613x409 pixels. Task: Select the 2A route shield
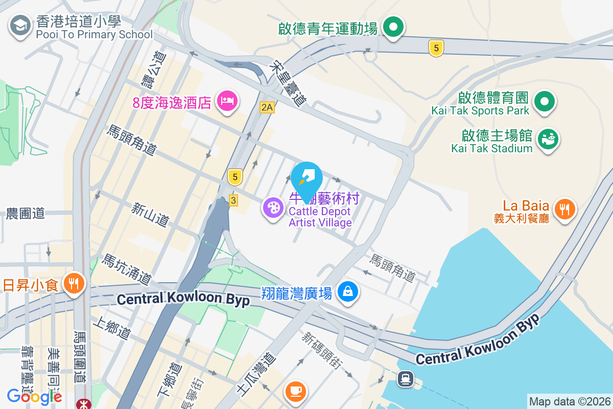click(267, 107)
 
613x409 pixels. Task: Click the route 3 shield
click(233, 200)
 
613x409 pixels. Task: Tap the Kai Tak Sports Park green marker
click(545, 101)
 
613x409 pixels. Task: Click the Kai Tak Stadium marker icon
click(549, 139)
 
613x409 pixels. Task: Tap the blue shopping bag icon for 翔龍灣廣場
click(348, 292)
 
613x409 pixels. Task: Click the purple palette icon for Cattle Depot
click(274, 208)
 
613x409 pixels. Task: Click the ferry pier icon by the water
click(406, 379)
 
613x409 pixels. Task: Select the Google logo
click(35, 397)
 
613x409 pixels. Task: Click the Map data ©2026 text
click(569, 401)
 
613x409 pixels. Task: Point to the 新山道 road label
click(150, 214)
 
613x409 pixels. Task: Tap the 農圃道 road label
click(26, 214)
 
